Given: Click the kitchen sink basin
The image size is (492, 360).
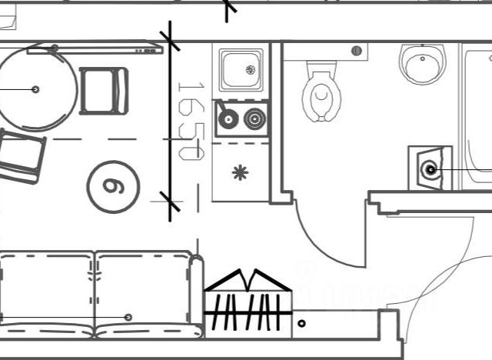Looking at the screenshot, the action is tap(241, 70).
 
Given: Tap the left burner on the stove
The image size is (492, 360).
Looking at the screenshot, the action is tap(228, 119).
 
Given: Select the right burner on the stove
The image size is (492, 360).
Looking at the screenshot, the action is tap(254, 119).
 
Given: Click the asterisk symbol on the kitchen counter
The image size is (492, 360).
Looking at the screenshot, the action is tap(241, 172).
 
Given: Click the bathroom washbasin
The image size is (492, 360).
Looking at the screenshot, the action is tap(422, 63).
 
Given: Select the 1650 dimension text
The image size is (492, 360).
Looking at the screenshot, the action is tap(190, 120).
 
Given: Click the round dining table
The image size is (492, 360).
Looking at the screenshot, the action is tap(35, 89).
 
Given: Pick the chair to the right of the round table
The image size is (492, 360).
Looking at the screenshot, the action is tap(104, 91).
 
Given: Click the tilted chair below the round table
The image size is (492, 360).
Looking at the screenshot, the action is tap(19, 156).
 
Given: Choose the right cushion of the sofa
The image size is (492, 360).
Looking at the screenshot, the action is tap(143, 292).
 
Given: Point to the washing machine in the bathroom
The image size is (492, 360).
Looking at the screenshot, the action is tap(428, 167).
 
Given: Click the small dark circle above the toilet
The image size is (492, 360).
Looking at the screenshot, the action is tap(355, 51).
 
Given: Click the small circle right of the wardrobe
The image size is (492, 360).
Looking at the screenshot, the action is tap(301, 324).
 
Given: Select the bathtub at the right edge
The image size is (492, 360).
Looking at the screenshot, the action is tap(477, 115).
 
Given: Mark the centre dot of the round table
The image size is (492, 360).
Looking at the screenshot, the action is tap(35, 89).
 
